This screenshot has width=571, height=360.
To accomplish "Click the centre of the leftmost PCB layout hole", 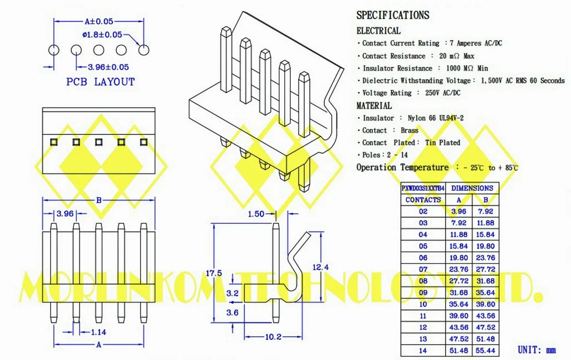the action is (x=54, y=50).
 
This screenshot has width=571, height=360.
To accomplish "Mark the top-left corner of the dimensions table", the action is (x=401, y=182).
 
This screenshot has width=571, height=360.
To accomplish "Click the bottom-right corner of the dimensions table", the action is (x=499, y=356).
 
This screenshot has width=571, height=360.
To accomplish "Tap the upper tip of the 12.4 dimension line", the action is (x=321, y=232).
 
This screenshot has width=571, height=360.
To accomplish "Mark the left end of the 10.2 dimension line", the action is (x=244, y=337).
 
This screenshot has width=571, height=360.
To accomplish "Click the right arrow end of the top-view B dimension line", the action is (x=155, y=200).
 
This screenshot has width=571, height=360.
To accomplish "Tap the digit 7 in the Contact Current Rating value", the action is (x=451, y=43).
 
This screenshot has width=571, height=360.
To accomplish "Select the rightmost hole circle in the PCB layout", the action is (x=144, y=50).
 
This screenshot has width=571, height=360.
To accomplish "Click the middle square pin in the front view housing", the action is (x=98, y=142).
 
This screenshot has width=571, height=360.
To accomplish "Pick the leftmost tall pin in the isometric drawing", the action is (x=226, y=59).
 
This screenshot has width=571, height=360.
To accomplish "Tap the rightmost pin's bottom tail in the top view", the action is (x=143, y=313).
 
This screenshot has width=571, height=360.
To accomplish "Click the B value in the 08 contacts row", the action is (x=486, y=281).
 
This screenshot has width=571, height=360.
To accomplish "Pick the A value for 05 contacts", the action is (x=459, y=246).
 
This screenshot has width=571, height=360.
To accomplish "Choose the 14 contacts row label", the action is (x=423, y=351).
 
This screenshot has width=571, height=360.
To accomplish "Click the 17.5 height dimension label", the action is (x=214, y=273).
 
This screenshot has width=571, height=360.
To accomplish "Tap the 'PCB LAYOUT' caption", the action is (x=100, y=82).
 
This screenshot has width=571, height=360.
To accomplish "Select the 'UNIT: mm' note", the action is (x=537, y=350).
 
